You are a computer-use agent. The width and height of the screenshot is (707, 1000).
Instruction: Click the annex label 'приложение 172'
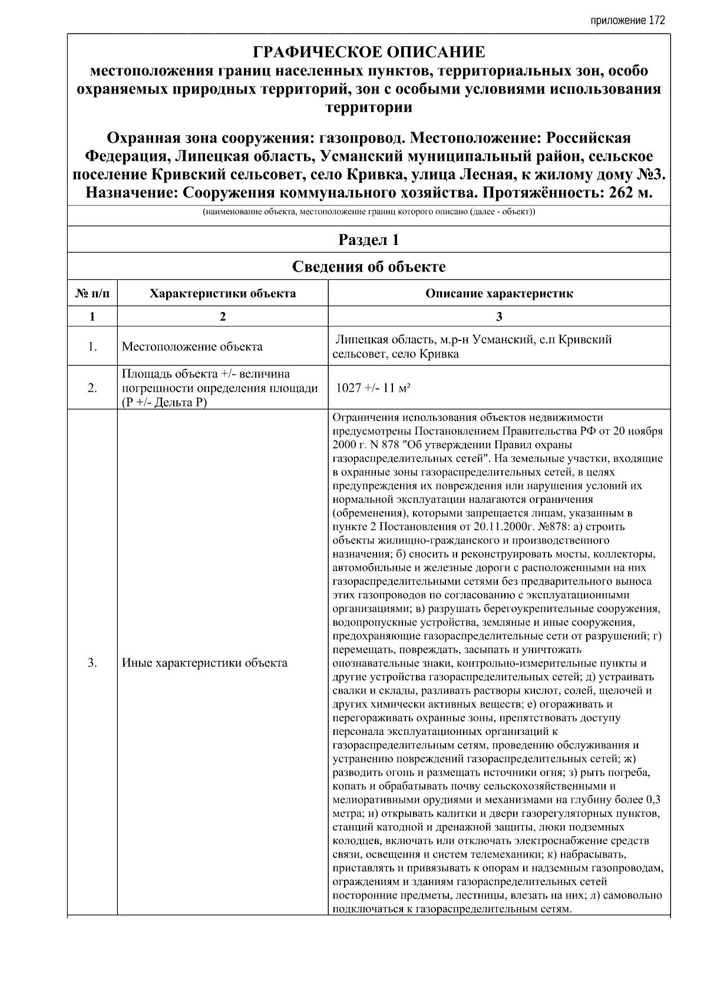(x=627, y=21)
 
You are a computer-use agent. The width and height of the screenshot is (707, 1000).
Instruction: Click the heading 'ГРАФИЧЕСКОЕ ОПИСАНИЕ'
(x=369, y=52)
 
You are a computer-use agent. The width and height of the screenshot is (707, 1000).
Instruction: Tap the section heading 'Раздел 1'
(x=369, y=240)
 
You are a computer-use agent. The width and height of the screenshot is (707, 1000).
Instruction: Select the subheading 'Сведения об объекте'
(x=369, y=267)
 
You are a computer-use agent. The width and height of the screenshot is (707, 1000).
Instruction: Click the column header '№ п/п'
(x=92, y=293)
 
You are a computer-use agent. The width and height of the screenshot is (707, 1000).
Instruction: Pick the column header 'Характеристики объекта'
(x=223, y=293)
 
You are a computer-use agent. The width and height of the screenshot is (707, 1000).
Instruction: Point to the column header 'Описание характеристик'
(x=499, y=293)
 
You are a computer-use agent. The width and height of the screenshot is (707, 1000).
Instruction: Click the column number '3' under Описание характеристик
(x=499, y=317)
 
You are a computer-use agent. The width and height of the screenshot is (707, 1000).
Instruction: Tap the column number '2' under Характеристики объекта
(x=223, y=317)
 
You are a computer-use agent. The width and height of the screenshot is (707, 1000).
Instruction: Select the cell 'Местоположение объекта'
(x=192, y=347)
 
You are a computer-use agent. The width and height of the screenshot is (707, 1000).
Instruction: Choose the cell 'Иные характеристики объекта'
(x=204, y=663)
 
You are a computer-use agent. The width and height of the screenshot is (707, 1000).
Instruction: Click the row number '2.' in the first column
(x=92, y=388)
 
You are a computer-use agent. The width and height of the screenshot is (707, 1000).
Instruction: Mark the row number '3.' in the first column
(x=92, y=663)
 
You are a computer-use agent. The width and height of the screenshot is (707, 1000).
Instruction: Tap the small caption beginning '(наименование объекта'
(x=369, y=212)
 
